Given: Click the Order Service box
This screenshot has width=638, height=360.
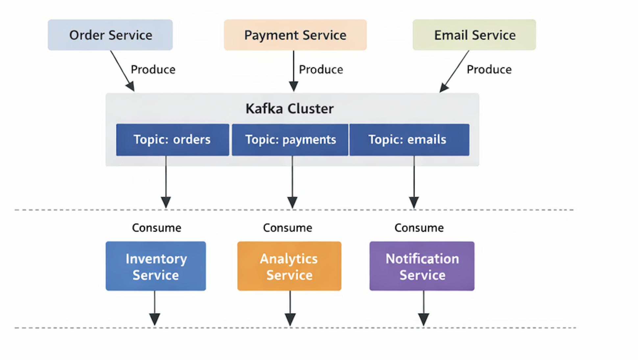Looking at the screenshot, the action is click(x=110, y=35).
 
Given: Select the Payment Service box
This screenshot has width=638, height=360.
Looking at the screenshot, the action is click(x=295, y=35).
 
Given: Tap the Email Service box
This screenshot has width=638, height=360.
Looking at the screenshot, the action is click(x=474, y=35).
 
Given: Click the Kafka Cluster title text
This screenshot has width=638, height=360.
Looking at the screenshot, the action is click(x=290, y=109).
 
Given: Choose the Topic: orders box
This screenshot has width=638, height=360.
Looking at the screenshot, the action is click(x=173, y=140).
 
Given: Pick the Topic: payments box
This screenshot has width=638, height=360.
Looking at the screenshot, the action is click(x=290, y=140).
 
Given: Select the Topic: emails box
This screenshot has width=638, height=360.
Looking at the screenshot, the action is click(x=409, y=140).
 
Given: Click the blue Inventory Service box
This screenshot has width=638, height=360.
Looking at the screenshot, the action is click(x=156, y=266).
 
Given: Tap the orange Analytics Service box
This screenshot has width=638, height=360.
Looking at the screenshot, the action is click(x=289, y=266).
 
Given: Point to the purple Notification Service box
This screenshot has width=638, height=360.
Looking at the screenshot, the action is click(x=422, y=266).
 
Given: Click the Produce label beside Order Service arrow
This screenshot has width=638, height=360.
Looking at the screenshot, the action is click(x=153, y=70).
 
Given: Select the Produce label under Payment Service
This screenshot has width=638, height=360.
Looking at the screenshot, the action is click(x=321, y=70).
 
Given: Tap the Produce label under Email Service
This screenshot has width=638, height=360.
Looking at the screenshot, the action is click(x=489, y=70).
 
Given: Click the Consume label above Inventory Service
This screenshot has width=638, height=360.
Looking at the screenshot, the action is click(x=157, y=228).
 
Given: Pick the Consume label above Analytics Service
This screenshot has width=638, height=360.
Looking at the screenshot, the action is click(x=288, y=228).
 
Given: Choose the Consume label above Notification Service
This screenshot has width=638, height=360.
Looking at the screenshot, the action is click(x=419, y=228).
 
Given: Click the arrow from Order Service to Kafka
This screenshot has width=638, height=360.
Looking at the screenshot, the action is click(x=122, y=71).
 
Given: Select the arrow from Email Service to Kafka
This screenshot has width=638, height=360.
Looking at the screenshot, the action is click(x=454, y=71).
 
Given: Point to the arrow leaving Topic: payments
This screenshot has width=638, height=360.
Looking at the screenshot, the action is click(x=292, y=182).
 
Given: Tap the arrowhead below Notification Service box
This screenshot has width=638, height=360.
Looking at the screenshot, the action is click(x=424, y=320).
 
